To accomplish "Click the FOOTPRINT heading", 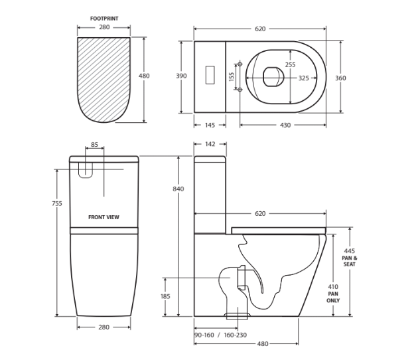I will pos(104,19).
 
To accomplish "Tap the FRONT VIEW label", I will pos(104,217).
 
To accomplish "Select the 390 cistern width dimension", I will pos(181,76).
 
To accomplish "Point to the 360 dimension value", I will pos(340,78).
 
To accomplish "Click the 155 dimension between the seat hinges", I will pos(232,77).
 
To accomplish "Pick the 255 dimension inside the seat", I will pos(290,64).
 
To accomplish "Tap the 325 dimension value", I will pos(303,78).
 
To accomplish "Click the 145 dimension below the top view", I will pos(210,125).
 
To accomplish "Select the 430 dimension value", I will pos(285,125).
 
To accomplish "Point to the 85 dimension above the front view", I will pos(94,145).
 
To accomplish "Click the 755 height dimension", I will pos(57,203).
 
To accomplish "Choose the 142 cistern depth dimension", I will pos(210,144).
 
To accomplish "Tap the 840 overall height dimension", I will pos(178,189).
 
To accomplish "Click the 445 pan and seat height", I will pos(349,251).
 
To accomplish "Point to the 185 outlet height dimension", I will pos(165,296).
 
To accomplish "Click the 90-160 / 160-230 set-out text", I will pos(220,335).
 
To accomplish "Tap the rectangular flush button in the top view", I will pos(210,74).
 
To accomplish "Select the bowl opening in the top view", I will pos(273,77).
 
